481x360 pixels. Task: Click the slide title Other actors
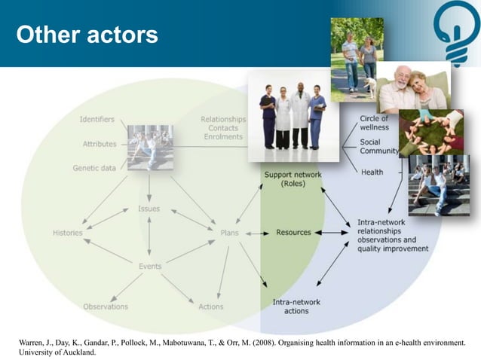pos(87,35)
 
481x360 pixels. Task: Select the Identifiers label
pos(97,119)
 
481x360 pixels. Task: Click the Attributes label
pos(100,143)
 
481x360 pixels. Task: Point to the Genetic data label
pos(94,168)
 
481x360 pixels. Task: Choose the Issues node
pos(149,209)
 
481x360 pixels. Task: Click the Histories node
pos(68,233)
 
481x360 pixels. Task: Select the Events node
pos(149,266)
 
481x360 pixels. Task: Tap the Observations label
pos(106,307)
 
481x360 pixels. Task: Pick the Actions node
pos(211,307)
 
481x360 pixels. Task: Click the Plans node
pos(229,233)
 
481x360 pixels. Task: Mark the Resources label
pos(293,233)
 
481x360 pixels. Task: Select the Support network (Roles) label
pos(293,179)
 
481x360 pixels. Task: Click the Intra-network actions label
pos(296,307)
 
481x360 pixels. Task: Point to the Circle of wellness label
pos(375,123)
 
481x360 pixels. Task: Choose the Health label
pos(372,172)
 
